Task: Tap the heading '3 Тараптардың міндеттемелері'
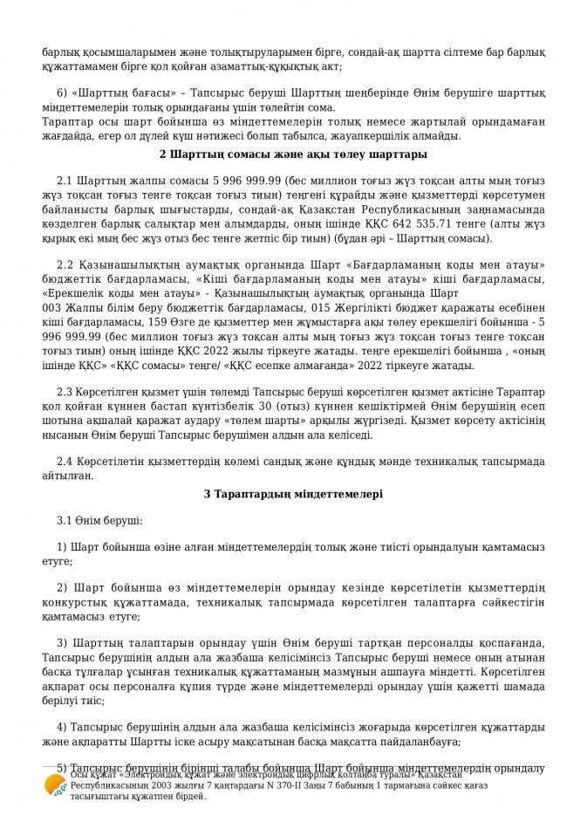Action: coord(292,493)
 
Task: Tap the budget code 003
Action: coord(51,309)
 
